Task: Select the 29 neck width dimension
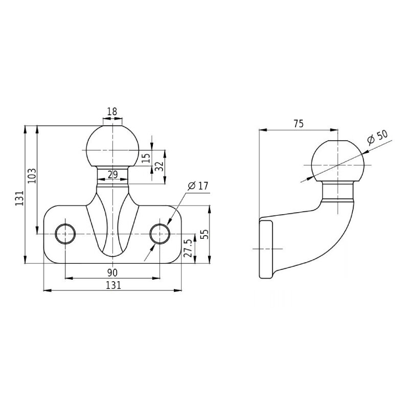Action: (x=113, y=175)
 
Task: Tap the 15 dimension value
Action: (x=146, y=158)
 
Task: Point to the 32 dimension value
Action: (x=158, y=166)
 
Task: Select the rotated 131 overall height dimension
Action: (x=19, y=198)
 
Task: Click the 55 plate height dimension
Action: (x=204, y=235)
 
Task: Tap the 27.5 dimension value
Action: (x=188, y=248)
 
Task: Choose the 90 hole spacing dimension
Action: (x=113, y=271)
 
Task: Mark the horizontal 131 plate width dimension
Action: (x=112, y=285)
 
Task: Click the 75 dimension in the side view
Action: (x=299, y=123)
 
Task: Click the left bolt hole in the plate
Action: (x=65, y=234)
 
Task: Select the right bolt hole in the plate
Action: (x=161, y=234)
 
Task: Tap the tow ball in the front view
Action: (x=112, y=148)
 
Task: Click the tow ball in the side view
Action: (x=337, y=164)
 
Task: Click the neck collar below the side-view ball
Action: (x=337, y=193)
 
